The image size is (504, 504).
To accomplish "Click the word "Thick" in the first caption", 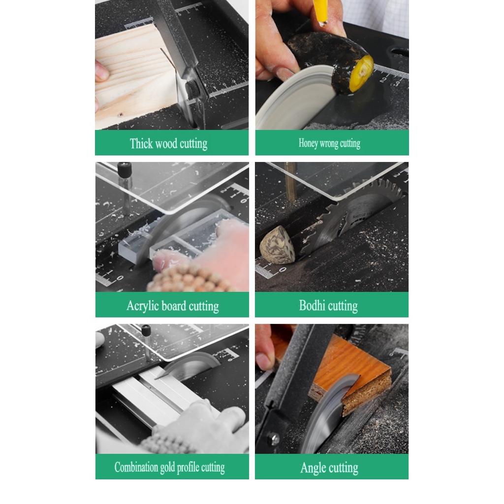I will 141,144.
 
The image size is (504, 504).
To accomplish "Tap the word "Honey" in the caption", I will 308,143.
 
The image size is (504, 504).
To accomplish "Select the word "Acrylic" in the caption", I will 143,306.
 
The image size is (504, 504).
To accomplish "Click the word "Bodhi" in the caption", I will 313,306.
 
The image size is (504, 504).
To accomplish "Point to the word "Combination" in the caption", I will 136,467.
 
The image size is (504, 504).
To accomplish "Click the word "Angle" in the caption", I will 314,468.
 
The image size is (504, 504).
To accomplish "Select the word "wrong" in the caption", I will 329,143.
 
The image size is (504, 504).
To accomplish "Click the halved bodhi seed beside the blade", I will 277,245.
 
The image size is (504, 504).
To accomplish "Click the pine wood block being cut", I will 133,74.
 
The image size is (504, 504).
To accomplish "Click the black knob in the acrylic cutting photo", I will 125,170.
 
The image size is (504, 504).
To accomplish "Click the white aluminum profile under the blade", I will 148,394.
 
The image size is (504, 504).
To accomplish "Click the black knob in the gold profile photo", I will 146,330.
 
